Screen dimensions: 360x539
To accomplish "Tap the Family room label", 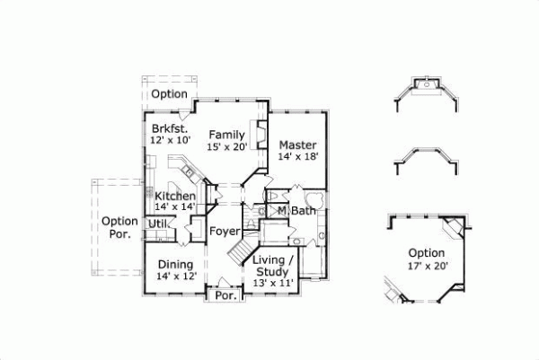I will pyautogui.click(x=227, y=135).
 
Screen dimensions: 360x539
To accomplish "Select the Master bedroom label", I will pyautogui.click(x=296, y=145).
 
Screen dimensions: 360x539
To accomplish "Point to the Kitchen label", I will pyautogui.click(x=175, y=197).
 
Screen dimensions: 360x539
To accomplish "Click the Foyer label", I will pyautogui.click(x=225, y=232).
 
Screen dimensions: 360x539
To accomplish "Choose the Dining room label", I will pyautogui.click(x=176, y=264).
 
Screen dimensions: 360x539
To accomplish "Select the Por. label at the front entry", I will pyautogui.click(x=225, y=294).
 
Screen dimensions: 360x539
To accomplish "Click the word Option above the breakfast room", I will pyautogui.click(x=169, y=94).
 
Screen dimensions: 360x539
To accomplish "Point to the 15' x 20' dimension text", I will pyautogui.click(x=226, y=146).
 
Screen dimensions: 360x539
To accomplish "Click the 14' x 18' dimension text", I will pyautogui.click(x=297, y=156).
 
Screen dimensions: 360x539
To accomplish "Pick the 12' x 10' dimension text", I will pyautogui.click(x=171, y=140).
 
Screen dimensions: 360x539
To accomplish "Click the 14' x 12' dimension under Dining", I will pyautogui.click(x=176, y=276).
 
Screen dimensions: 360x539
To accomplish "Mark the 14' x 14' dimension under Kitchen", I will pyautogui.click(x=175, y=207).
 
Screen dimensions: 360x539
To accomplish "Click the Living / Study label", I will pyautogui.click(x=271, y=266).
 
